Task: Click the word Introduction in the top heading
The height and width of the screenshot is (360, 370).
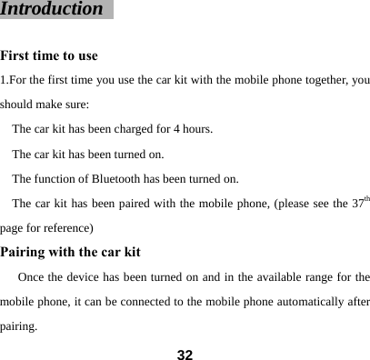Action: click(52, 10)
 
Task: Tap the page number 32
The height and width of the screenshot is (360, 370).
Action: click(185, 352)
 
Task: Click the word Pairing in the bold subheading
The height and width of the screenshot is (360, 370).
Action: click(27, 252)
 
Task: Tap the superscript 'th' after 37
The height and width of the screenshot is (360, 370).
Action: click(365, 198)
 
